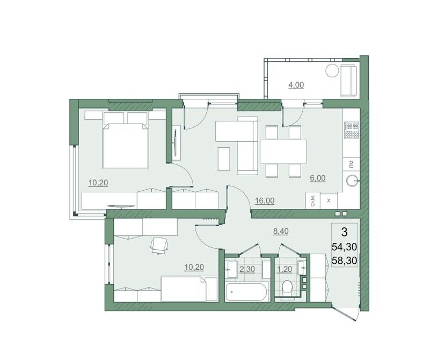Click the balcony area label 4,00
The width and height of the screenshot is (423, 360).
[x=296, y=85]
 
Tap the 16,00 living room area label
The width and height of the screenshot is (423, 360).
[x=265, y=200]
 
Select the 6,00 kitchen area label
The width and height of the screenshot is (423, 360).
[x=318, y=178]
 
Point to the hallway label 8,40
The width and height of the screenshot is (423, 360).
[x=281, y=231]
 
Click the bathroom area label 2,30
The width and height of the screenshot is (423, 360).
[x=247, y=269]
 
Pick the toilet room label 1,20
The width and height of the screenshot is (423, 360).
[x=285, y=269]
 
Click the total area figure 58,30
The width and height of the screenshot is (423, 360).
[x=345, y=261]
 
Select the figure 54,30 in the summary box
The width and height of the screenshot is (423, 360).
[x=345, y=247]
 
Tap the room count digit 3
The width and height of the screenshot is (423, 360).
[x=345, y=232]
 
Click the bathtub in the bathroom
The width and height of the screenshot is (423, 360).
[x=246, y=292]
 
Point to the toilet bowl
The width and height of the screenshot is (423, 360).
[x=287, y=287]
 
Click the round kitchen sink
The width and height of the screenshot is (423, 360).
[x=352, y=181]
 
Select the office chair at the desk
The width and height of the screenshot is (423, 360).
[x=159, y=246]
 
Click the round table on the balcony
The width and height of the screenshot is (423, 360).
[x=332, y=71]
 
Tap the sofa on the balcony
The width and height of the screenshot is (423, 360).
[x=349, y=81]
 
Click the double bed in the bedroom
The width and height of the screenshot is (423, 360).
[x=126, y=140]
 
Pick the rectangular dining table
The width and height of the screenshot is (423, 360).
[x=283, y=152]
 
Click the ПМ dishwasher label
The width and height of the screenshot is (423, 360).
[x=351, y=164]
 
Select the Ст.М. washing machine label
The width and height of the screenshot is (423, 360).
[x=313, y=200]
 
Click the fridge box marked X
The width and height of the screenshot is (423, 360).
[x=329, y=200]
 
